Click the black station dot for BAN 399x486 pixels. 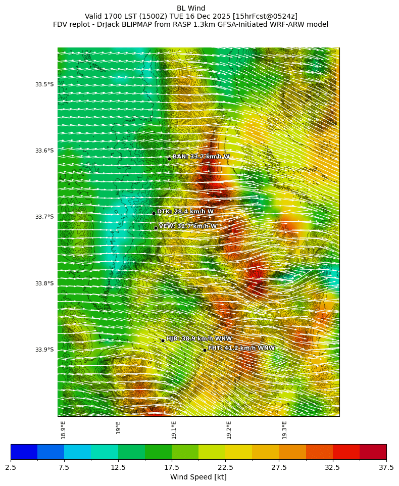pyautogui.click(x=169, y=159)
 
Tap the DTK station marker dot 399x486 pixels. pyautogui.click(x=154, y=213)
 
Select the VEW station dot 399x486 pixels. pyautogui.click(x=156, y=228)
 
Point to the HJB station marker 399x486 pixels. pyautogui.click(x=163, y=341)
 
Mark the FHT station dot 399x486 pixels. pyautogui.click(x=205, y=350)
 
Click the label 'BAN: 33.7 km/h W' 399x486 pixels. pyautogui.click(x=201, y=157)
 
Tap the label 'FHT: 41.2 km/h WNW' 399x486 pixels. pyautogui.click(x=241, y=348)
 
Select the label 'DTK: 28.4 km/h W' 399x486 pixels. pyautogui.click(x=185, y=212)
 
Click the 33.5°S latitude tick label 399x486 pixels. pyautogui.click(x=44, y=84)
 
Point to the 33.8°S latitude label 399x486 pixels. pyautogui.click(x=44, y=283)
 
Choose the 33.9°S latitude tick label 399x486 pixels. pyautogui.click(x=44, y=350)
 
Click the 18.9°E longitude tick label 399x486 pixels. pyautogui.click(x=64, y=429)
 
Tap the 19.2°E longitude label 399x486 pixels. pyautogui.click(x=229, y=429)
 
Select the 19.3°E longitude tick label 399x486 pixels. pyautogui.click(x=284, y=429)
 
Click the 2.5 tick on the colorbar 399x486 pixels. pyautogui.click(x=11, y=468)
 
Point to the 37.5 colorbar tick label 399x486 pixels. pyautogui.click(x=386, y=468)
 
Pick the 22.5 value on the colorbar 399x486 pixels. pyautogui.click(x=225, y=468)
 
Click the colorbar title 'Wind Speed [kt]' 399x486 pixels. pyautogui.click(x=198, y=477)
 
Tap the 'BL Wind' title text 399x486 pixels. pyautogui.click(x=191, y=8)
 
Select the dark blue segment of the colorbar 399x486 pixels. pyautogui.click(x=24, y=452)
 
